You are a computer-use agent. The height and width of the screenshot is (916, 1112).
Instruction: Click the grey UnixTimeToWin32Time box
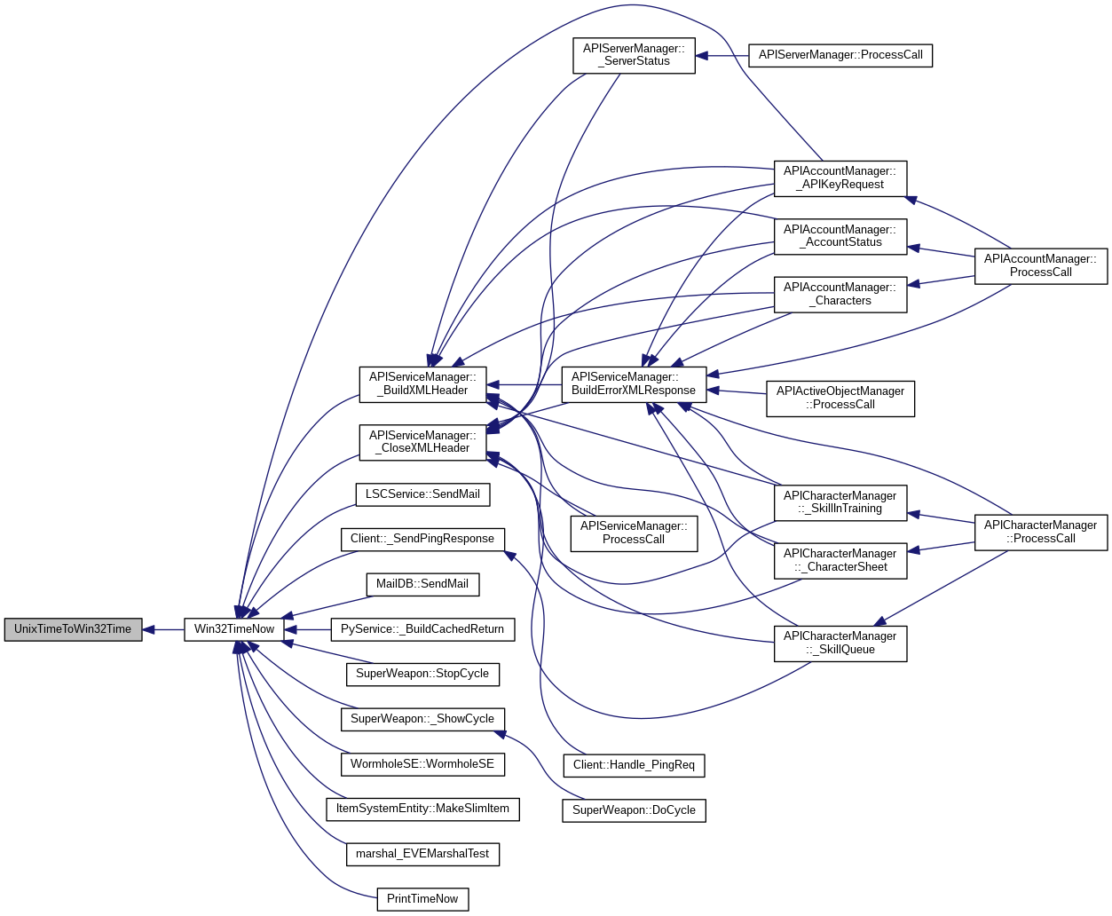click(x=73, y=629)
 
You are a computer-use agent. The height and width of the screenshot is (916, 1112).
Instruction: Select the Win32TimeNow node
click(x=234, y=629)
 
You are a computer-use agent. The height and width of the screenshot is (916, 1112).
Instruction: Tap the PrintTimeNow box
click(x=422, y=899)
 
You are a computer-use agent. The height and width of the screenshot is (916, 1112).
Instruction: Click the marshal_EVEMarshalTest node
click(x=422, y=854)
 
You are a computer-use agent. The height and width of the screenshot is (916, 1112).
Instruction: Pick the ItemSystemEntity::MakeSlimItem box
click(x=422, y=809)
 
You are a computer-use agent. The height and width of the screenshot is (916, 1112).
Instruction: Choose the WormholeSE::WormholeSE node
click(x=422, y=764)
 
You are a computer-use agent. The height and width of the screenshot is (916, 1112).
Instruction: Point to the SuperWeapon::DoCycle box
click(x=634, y=810)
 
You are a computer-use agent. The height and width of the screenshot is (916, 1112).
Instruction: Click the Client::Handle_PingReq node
click(x=634, y=765)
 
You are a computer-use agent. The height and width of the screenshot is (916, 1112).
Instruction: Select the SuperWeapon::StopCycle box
click(x=422, y=674)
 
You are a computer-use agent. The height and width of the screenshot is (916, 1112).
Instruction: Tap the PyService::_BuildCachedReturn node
click(x=422, y=629)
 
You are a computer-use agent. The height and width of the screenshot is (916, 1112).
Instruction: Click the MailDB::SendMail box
click(x=422, y=584)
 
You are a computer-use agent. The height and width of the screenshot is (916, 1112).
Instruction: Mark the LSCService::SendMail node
click(x=422, y=494)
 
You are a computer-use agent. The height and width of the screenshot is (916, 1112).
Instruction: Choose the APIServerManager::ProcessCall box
click(x=840, y=55)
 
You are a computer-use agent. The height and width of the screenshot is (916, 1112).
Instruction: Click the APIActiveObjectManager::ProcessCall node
click(x=840, y=398)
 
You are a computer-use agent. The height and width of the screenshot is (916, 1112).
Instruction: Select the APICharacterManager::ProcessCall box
click(x=1041, y=532)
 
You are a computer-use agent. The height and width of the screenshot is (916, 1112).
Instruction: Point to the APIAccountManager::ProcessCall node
click(x=1041, y=265)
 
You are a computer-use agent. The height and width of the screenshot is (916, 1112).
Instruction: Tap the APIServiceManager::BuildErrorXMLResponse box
click(x=634, y=383)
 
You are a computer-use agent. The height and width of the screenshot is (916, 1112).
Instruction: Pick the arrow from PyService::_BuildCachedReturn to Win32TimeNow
click(x=308, y=629)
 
